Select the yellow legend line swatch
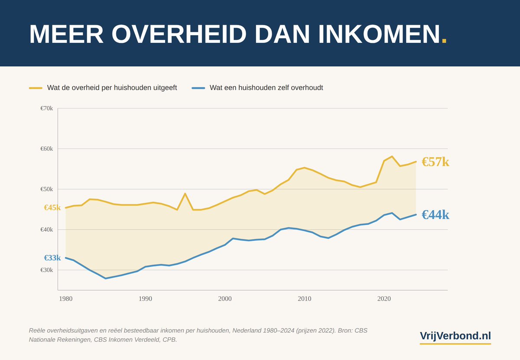36,88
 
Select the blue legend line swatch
198,88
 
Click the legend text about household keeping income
266,88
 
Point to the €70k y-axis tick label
46,108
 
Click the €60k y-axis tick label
46,149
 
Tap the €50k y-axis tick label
46,189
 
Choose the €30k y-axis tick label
46,270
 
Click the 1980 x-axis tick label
66,298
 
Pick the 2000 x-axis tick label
225,298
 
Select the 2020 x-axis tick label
384,298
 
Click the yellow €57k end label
435,162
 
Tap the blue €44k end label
435,215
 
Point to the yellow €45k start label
52,208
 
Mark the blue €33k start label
52,258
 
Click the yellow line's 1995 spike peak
185,194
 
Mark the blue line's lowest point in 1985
105,278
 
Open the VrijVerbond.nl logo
455,336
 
